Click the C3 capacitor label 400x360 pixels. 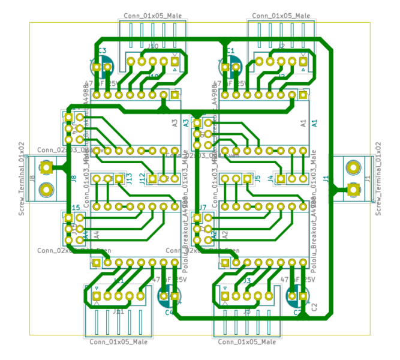pyautogui.click(x=102, y=52)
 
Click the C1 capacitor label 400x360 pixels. pyautogui.click(x=231, y=52)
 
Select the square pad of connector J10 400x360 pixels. pyautogui.click(x=175, y=61)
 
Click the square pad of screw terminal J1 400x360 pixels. pyautogui.click(x=353, y=190)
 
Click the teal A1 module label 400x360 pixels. pyautogui.click(x=314, y=122)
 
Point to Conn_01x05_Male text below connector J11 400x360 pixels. pyautogui.click(x=118, y=342)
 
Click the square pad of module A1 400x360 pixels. pyautogui.click(x=303, y=95)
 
